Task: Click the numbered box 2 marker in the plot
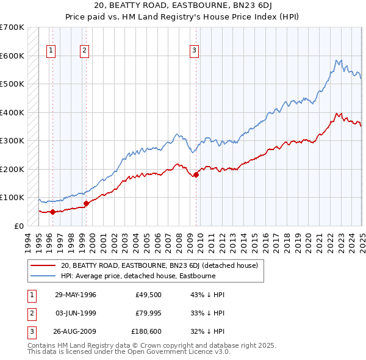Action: [x=84, y=51]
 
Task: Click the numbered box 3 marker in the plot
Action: [x=194, y=51]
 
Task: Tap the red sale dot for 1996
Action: [x=52, y=212]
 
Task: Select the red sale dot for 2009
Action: [x=196, y=175]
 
